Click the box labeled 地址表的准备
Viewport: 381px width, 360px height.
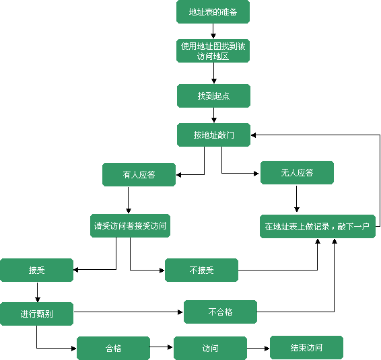click(x=213, y=11)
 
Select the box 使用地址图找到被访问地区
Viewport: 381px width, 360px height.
click(x=213, y=50)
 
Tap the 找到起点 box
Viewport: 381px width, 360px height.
click(x=213, y=96)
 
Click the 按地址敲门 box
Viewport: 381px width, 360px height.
click(x=213, y=135)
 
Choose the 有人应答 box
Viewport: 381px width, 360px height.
click(x=139, y=175)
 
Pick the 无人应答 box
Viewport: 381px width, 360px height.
click(x=297, y=172)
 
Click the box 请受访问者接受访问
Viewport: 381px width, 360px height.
click(x=130, y=225)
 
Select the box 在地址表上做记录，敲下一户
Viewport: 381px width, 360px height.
click(x=318, y=226)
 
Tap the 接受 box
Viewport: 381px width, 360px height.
click(x=37, y=270)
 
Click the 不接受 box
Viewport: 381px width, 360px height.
click(x=201, y=270)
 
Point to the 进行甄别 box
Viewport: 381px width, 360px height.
click(x=37, y=314)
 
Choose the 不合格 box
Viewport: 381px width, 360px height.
click(x=220, y=312)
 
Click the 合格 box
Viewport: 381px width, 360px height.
click(x=113, y=348)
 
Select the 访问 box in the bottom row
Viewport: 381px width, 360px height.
click(x=210, y=348)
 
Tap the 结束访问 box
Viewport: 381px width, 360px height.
click(x=306, y=348)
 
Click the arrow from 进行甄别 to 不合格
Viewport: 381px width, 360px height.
click(x=129, y=312)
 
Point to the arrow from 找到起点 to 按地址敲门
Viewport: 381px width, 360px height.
click(x=214, y=115)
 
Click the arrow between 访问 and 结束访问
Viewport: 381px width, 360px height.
click(x=258, y=349)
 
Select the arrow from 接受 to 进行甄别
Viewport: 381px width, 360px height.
click(x=38, y=292)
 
